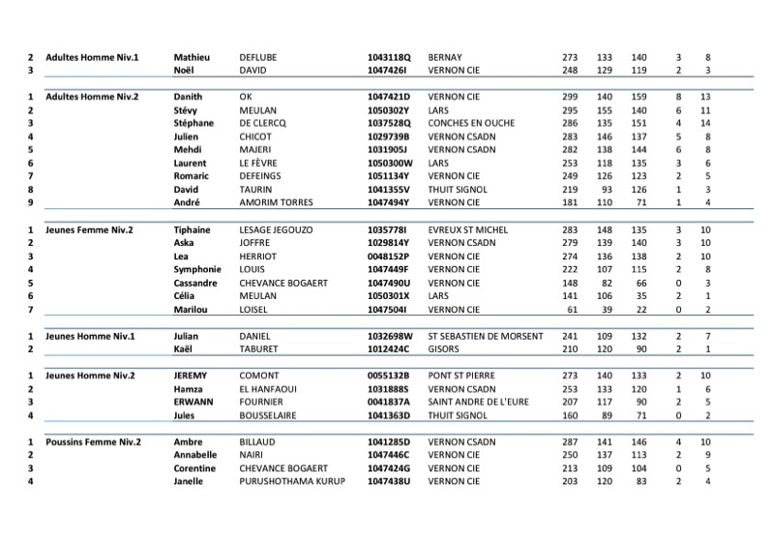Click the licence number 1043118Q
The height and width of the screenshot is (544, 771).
coord(389,57)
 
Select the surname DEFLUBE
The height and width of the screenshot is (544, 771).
coord(257,57)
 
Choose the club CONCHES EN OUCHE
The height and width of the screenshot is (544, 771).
coord(472,124)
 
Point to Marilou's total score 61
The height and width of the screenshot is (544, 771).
coord(572,309)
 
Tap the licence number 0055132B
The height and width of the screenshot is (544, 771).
coord(389,375)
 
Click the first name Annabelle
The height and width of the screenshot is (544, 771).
coord(195,455)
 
